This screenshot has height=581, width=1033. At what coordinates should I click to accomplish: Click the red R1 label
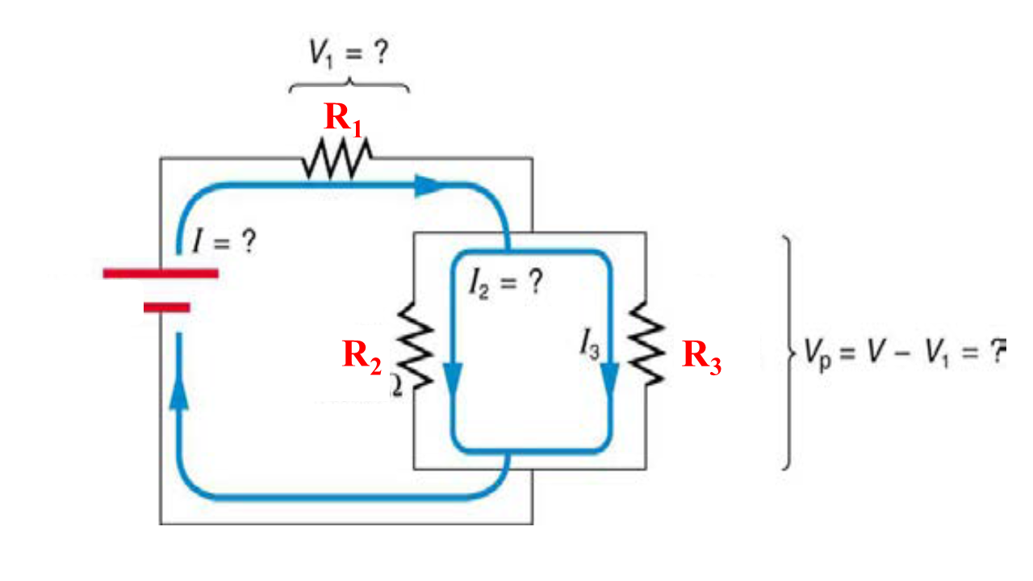click(x=343, y=120)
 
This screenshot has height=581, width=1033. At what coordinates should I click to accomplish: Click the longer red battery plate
click(x=161, y=274)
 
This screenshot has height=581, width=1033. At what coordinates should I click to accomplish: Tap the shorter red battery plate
click(x=167, y=307)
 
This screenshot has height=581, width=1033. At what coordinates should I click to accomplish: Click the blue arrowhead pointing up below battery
click(x=180, y=395)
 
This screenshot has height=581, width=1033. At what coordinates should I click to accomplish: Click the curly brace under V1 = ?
click(x=349, y=84)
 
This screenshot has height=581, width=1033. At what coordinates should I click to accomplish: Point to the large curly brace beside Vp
click(x=786, y=352)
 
